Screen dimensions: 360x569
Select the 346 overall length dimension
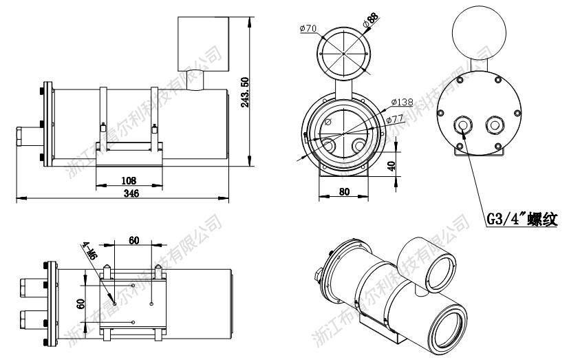coord(131,194)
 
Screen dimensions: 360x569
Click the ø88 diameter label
coord(372,19)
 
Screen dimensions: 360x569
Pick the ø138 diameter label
coord(402,102)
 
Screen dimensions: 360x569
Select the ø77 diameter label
coord(395,119)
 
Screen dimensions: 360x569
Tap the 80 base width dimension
coord(345,193)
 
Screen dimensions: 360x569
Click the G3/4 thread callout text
coord(522,220)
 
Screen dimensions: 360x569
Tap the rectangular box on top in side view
coord(203,43)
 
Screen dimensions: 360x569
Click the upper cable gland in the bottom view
coord(32,284)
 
